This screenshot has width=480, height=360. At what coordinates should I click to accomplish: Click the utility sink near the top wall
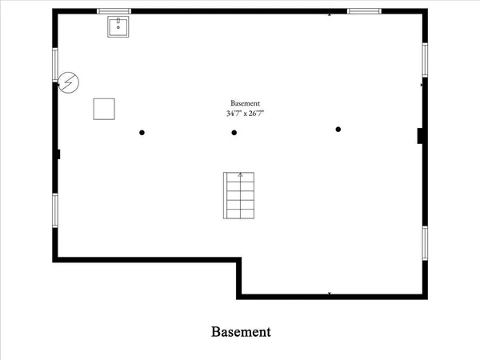point(118,26)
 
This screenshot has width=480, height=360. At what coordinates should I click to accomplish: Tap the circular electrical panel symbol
point(69,82)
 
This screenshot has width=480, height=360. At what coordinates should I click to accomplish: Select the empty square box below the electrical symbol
point(104,109)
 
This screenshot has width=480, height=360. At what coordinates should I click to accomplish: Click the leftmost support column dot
point(142,133)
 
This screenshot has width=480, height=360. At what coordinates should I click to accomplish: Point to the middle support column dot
point(234,133)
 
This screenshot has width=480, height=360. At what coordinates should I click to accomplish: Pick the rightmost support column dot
point(338,130)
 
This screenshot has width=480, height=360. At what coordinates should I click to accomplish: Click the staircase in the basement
point(238,196)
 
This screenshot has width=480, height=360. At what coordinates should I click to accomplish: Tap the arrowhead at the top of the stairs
point(241,174)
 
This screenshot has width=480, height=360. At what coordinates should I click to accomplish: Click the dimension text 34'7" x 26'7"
point(245,114)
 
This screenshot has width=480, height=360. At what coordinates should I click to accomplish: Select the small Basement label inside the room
point(245,103)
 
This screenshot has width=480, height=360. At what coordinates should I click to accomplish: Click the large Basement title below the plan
point(241,332)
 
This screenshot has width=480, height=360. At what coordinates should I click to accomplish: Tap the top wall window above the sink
point(114,11)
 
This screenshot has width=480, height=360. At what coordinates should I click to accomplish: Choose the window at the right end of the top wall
point(364,11)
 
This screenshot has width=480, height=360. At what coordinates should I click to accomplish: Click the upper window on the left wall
point(55,65)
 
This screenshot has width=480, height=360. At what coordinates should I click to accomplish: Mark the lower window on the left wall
point(55,210)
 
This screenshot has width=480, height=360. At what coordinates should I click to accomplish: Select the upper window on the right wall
point(425,60)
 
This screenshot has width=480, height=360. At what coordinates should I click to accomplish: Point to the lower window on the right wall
point(425,243)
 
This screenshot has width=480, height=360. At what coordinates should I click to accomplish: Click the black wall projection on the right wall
point(420,136)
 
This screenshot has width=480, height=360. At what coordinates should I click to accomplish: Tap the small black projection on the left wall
point(58,154)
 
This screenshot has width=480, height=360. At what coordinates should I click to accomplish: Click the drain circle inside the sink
point(118,27)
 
